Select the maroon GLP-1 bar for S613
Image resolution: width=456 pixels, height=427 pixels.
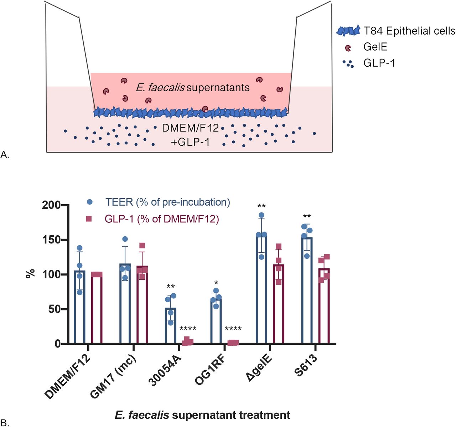[x=324, y=306]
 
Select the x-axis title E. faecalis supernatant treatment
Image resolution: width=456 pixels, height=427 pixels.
[x=202, y=415]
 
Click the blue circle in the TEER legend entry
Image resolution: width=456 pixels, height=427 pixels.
[x=90, y=202]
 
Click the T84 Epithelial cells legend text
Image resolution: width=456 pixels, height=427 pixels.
[x=409, y=31]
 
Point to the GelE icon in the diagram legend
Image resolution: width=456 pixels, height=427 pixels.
[x=348, y=48]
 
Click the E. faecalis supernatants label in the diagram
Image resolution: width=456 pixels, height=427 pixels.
[x=193, y=87]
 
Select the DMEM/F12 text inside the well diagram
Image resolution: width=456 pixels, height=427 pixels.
[x=190, y=128]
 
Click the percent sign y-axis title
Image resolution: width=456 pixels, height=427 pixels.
[x=31, y=274]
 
